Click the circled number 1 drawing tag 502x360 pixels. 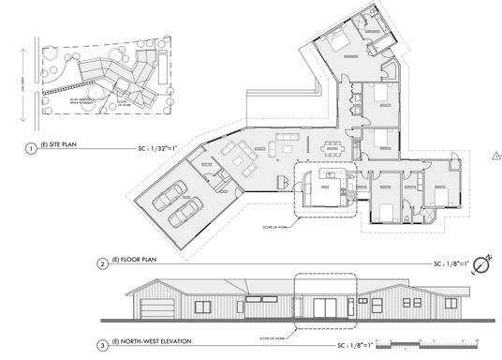click(x=31, y=148)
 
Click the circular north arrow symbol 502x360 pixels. click(x=480, y=263)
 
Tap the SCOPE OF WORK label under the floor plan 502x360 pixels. click(x=272, y=225)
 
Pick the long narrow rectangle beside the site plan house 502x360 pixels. click(x=165, y=69)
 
